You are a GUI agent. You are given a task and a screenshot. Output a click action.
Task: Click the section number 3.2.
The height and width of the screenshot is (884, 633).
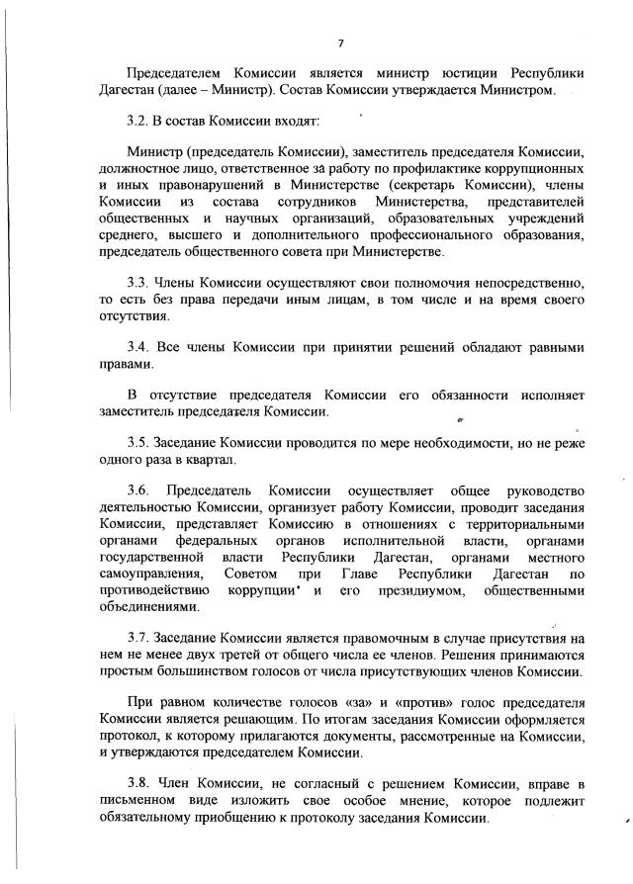139,120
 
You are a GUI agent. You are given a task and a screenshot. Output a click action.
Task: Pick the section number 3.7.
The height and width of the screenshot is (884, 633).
139,639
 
